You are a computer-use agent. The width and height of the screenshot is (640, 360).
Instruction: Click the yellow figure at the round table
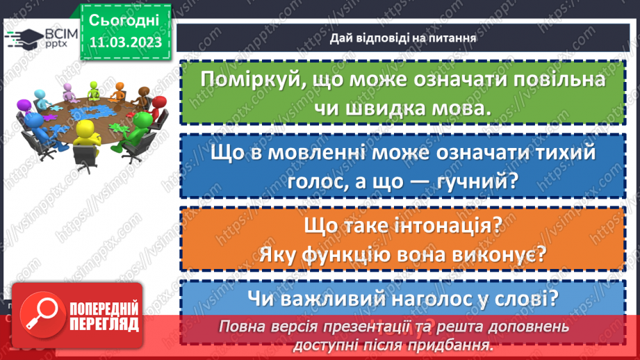(85, 136)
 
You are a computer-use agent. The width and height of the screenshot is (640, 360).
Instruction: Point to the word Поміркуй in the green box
(251, 79)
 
